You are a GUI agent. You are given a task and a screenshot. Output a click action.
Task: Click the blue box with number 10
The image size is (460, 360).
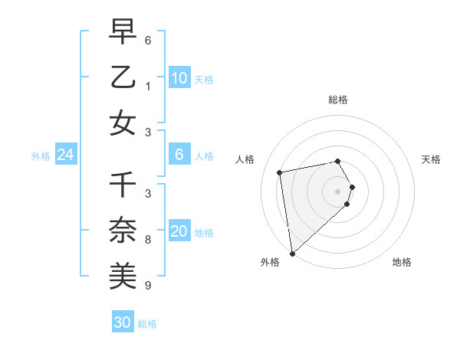[179, 77]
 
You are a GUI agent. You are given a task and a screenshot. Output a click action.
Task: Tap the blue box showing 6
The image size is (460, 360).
[179, 155]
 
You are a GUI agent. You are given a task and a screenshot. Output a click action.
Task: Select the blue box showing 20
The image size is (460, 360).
[179, 231]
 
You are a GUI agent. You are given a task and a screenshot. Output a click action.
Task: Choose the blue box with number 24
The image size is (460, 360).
[65, 155]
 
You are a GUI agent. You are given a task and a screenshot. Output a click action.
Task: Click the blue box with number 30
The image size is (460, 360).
[122, 322]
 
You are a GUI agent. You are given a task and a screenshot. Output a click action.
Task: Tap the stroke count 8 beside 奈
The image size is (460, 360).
[148, 240]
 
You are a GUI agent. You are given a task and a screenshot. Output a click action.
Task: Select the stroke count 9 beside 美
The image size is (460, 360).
[148, 286]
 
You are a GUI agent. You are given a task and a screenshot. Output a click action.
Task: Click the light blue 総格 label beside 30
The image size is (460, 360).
[147, 324]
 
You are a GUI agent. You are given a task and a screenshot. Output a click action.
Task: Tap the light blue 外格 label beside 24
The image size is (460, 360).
[41, 156]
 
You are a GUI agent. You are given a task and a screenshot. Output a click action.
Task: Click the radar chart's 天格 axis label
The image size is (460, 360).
[432, 159]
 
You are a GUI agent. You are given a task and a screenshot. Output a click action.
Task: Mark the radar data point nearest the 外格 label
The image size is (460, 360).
[292, 254]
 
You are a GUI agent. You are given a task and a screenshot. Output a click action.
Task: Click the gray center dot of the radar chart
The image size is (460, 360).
[338, 191]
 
